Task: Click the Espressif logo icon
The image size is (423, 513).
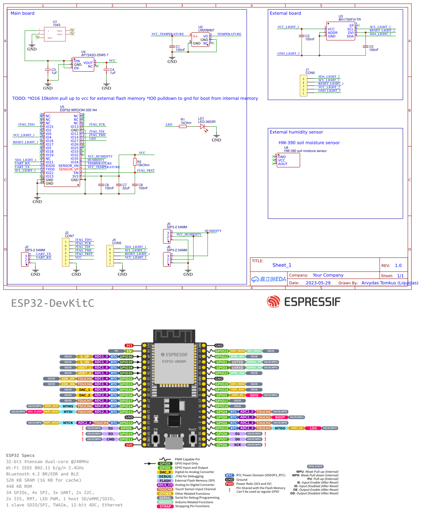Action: click(x=274, y=302)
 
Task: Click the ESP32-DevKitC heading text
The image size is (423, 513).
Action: click(x=53, y=303)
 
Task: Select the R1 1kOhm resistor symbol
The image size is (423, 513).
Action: click(x=183, y=126)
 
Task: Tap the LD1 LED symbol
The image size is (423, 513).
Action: click(x=203, y=126)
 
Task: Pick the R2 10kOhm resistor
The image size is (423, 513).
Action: click(x=135, y=162)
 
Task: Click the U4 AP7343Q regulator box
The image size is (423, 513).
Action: click(x=83, y=65)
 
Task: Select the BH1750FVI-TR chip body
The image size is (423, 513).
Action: click(x=340, y=31)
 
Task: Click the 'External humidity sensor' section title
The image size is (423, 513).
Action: click(x=296, y=132)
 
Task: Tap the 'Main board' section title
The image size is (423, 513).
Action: click(x=22, y=13)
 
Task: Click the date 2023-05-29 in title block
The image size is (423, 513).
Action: click(x=318, y=283)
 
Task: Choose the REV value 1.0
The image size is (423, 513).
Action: click(x=398, y=266)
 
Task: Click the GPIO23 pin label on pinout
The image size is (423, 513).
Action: click(x=222, y=351)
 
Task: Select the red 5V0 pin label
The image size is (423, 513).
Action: click(x=129, y=445)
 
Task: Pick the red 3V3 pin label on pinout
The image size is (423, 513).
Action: click(x=129, y=346)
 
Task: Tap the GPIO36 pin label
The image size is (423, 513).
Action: click(x=126, y=357)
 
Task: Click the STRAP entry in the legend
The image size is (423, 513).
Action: click(x=165, y=506)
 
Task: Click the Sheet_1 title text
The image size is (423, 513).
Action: click(x=282, y=265)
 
